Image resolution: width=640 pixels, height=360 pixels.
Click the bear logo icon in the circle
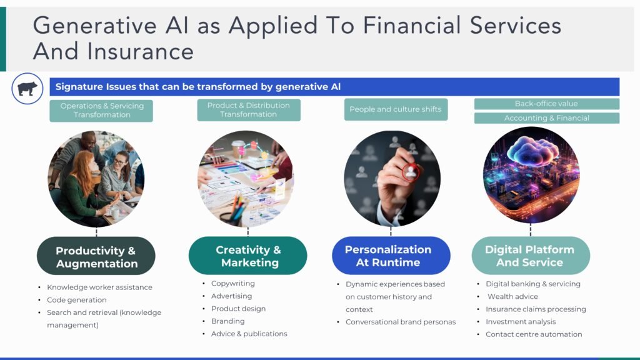coord(27,89)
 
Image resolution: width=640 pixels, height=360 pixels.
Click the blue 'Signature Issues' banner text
coord(197,87)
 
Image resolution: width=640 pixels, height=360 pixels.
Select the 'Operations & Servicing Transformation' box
coord(101,111)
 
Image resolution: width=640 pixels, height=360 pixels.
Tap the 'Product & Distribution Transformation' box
coord(248,110)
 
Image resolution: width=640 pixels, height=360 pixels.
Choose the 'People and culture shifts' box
coord(395,109)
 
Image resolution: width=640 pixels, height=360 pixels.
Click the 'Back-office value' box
coord(546,104)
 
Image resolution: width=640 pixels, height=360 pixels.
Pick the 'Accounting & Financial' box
coord(546,118)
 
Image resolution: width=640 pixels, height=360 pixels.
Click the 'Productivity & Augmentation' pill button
coord(96,257)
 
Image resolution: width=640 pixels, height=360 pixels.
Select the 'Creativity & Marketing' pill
coord(248,256)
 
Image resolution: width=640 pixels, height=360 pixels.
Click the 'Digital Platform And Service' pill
coord(530,256)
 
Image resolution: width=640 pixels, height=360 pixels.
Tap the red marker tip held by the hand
coord(411,170)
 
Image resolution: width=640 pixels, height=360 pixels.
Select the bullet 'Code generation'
coord(77,300)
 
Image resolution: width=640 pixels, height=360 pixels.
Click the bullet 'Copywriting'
coord(232,284)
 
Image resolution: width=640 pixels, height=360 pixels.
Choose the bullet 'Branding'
coord(227,321)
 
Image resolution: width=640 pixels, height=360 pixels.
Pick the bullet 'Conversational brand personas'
coord(401,322)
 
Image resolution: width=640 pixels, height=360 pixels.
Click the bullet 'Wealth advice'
coord(512,296)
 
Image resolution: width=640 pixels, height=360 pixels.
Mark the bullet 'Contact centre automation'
coord(534,334)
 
